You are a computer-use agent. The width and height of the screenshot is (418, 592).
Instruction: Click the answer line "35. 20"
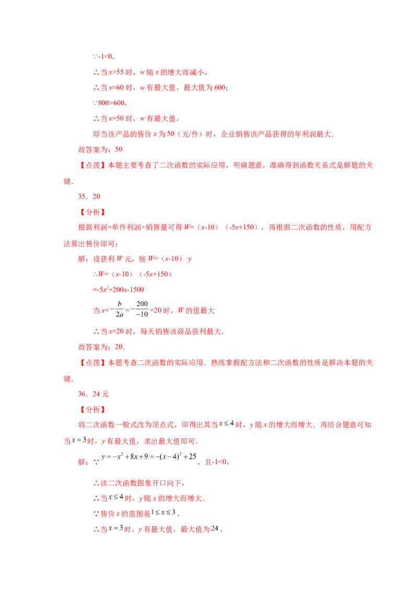[x=89, y=196]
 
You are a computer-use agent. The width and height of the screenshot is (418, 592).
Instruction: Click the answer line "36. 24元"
[x=94, y=394]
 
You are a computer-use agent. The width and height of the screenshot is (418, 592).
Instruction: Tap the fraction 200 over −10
[x=142, y=309]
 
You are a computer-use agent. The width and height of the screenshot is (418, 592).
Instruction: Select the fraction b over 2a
[x=120, y=309]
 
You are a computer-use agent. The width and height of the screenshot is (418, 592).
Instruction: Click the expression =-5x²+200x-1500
[x=119, y=290]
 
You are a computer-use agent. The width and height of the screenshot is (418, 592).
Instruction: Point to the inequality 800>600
[x=112, y=103]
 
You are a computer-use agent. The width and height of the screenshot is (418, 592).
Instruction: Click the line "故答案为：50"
[x=100, y=150]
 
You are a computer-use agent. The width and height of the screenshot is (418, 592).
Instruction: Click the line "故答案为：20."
[x=101, y=347]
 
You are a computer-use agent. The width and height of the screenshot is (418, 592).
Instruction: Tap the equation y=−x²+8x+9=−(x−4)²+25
[x=148, y=457]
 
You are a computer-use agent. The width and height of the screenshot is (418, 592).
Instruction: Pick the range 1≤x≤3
[x=164, y=513]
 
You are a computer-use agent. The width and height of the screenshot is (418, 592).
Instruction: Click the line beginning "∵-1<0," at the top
[x=104, y=56]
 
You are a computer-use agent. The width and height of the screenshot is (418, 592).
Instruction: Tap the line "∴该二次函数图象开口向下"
[x=139, y=483]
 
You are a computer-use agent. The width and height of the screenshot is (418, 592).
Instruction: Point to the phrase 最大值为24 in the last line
[x=199, y=529]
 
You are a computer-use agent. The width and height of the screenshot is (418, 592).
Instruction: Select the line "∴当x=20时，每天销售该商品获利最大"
[x=158, y=332]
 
